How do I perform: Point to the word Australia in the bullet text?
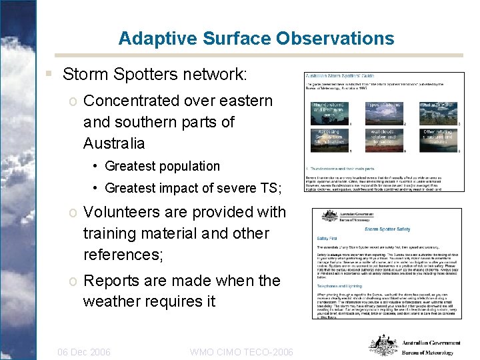[x=114, y=143]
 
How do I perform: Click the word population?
[x=189, y=166]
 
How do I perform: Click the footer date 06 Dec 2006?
[x=84, y=352]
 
